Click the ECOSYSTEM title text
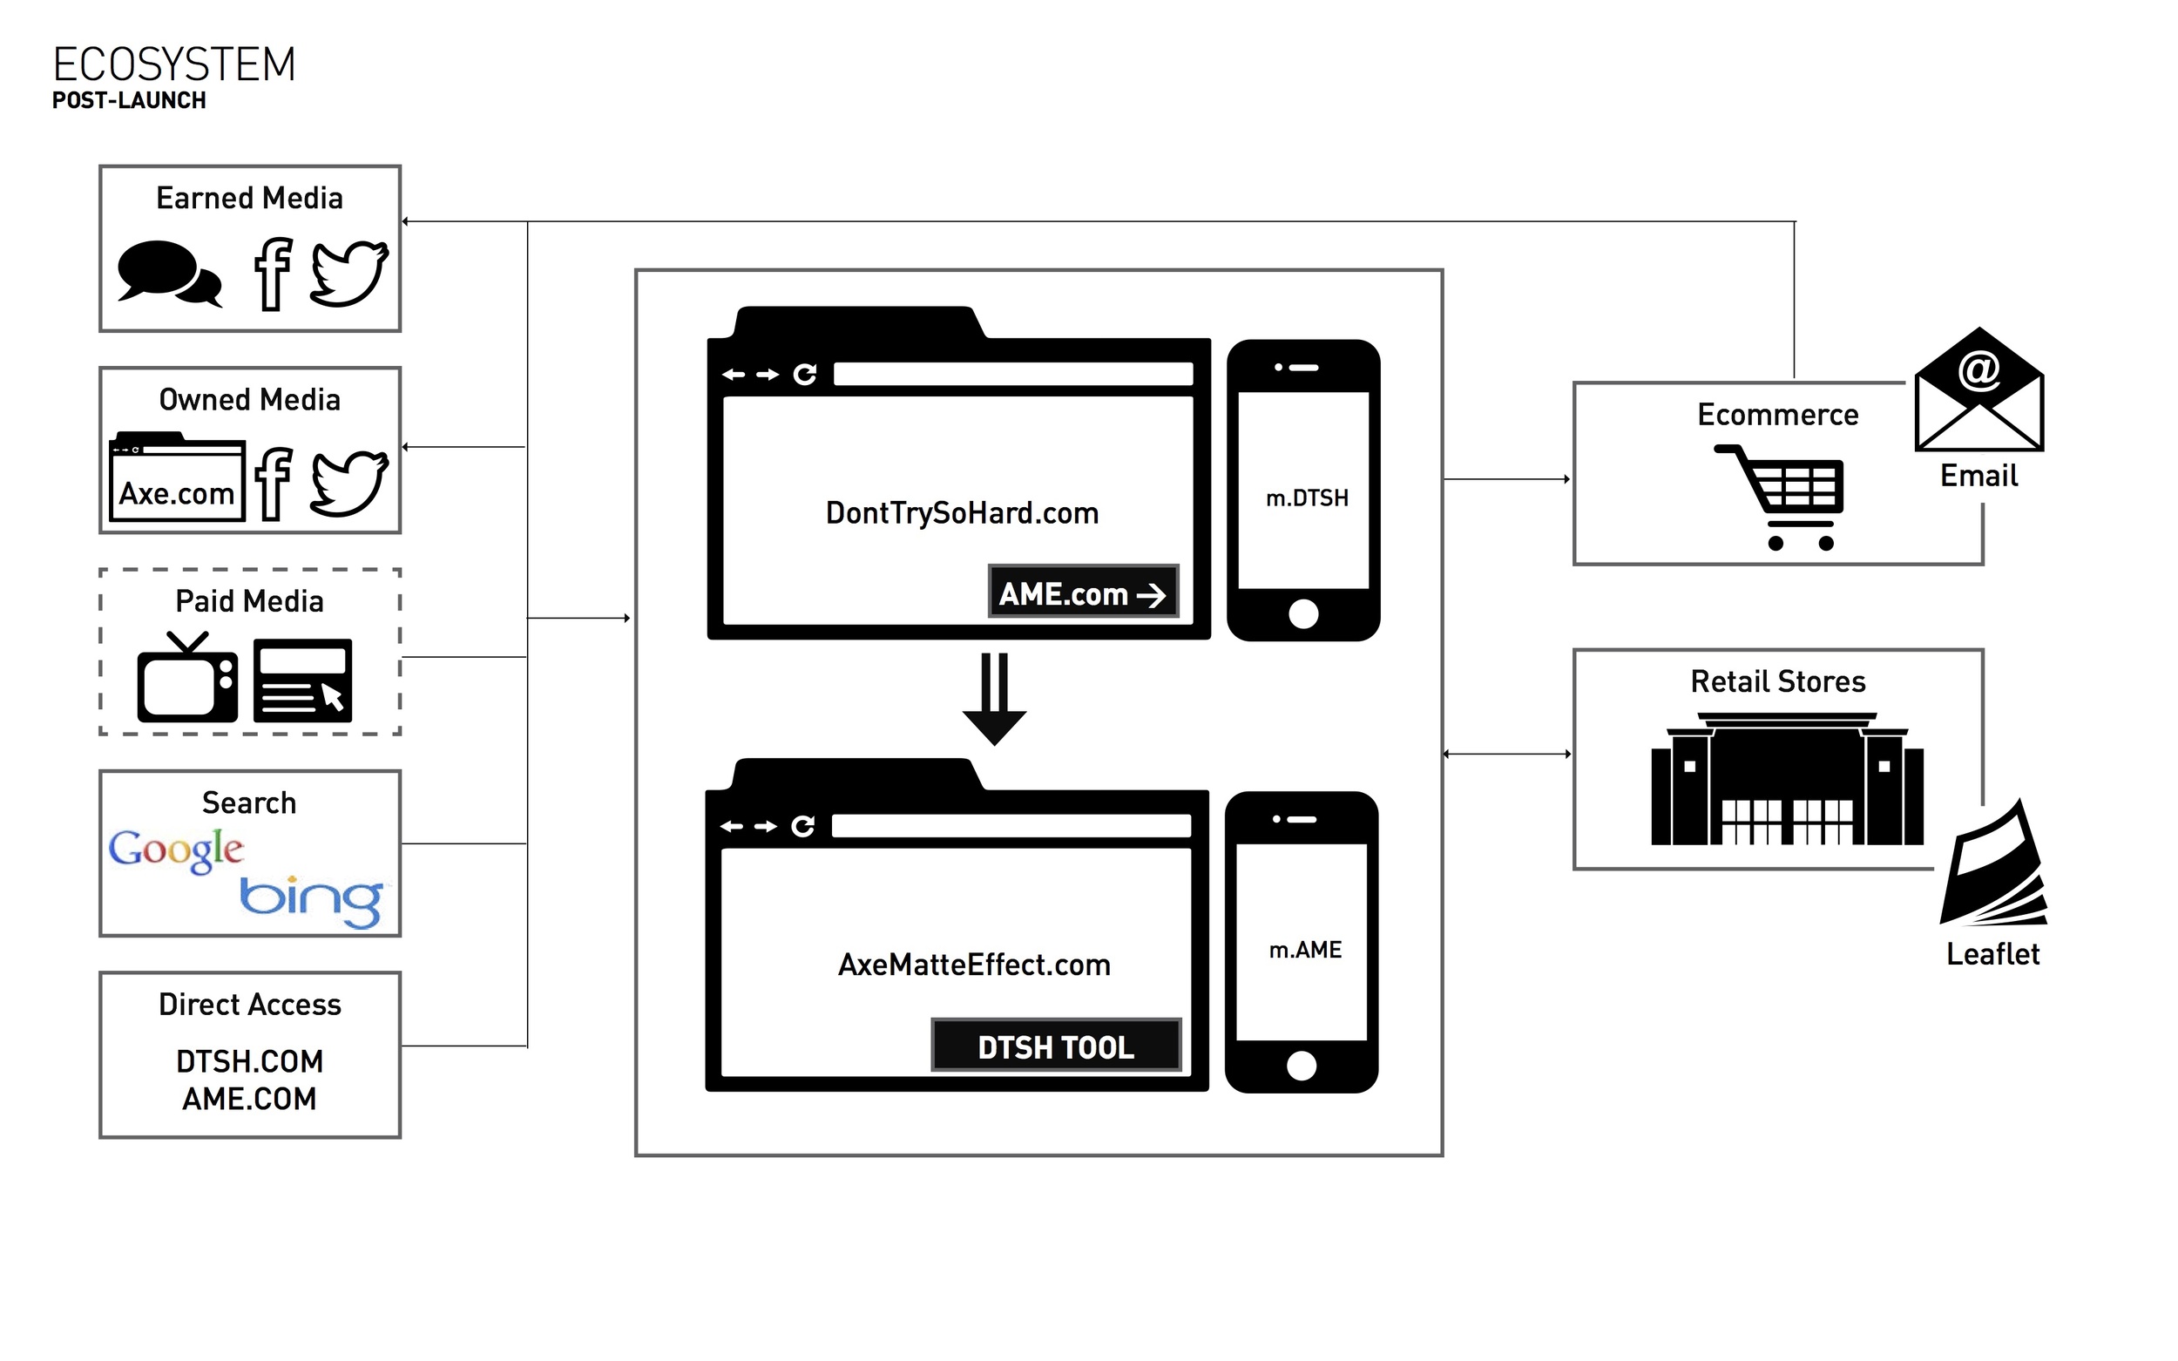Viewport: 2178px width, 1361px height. [173, 64]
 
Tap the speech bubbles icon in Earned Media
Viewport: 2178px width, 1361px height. [168, 273]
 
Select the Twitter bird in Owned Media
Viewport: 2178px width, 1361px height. [349, 484]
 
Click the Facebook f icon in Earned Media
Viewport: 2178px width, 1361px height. [273, 274]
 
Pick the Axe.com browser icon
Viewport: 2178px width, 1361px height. [176, 477]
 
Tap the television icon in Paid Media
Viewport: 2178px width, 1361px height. [187, 679]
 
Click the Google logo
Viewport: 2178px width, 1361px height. [175, 849]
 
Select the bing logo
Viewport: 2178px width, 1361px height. [311, 899]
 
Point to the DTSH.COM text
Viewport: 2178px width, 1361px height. [249, 1062]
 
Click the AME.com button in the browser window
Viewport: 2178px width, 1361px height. [1083, 592]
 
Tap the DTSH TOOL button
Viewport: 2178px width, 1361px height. [1056, 1046]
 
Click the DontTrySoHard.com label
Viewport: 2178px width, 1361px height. [961, 513]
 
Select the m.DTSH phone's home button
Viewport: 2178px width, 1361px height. [1303, 614]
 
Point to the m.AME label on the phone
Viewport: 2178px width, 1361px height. [1304, 950]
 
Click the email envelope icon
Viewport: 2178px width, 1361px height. [1978, 389]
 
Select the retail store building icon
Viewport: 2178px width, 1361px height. [1787, 780]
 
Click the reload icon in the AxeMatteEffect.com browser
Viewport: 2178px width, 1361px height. [802, 825]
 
